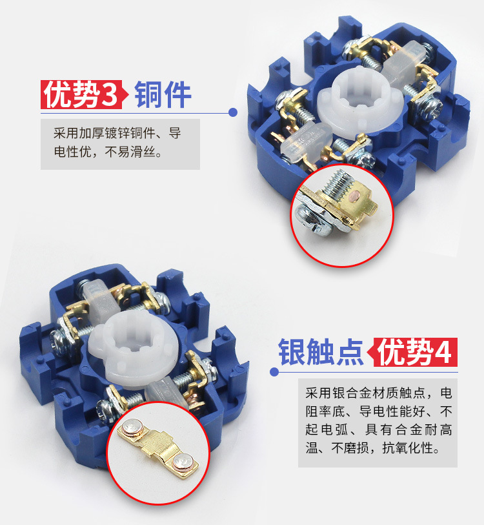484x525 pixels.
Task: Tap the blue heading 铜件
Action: [x=163, y=94]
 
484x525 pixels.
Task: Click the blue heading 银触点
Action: [x=321, y=352]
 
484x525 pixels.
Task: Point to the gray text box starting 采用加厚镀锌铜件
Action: [x=120, y=144]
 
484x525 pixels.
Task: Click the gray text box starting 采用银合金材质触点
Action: [x=378, y=423]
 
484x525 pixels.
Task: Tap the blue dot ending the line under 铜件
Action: [x=233, y=112]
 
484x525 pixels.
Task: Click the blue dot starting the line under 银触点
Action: [x=274, y=372]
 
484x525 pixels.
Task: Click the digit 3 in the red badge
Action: [x=110, y=95]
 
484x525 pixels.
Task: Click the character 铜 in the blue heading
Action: [x=148, y=94]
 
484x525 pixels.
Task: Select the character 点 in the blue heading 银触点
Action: [x=350, y=352]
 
